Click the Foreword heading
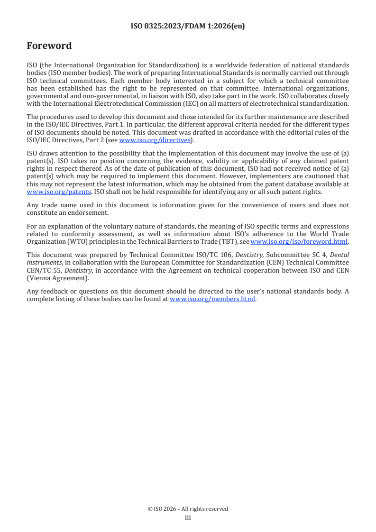(49, 46)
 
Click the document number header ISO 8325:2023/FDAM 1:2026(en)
(188, 27)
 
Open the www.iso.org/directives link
(155, 140)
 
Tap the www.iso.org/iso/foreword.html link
(299, 241)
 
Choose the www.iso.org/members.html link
(212, 299)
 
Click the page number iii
(188, 517)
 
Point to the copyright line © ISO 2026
(188, 509)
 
